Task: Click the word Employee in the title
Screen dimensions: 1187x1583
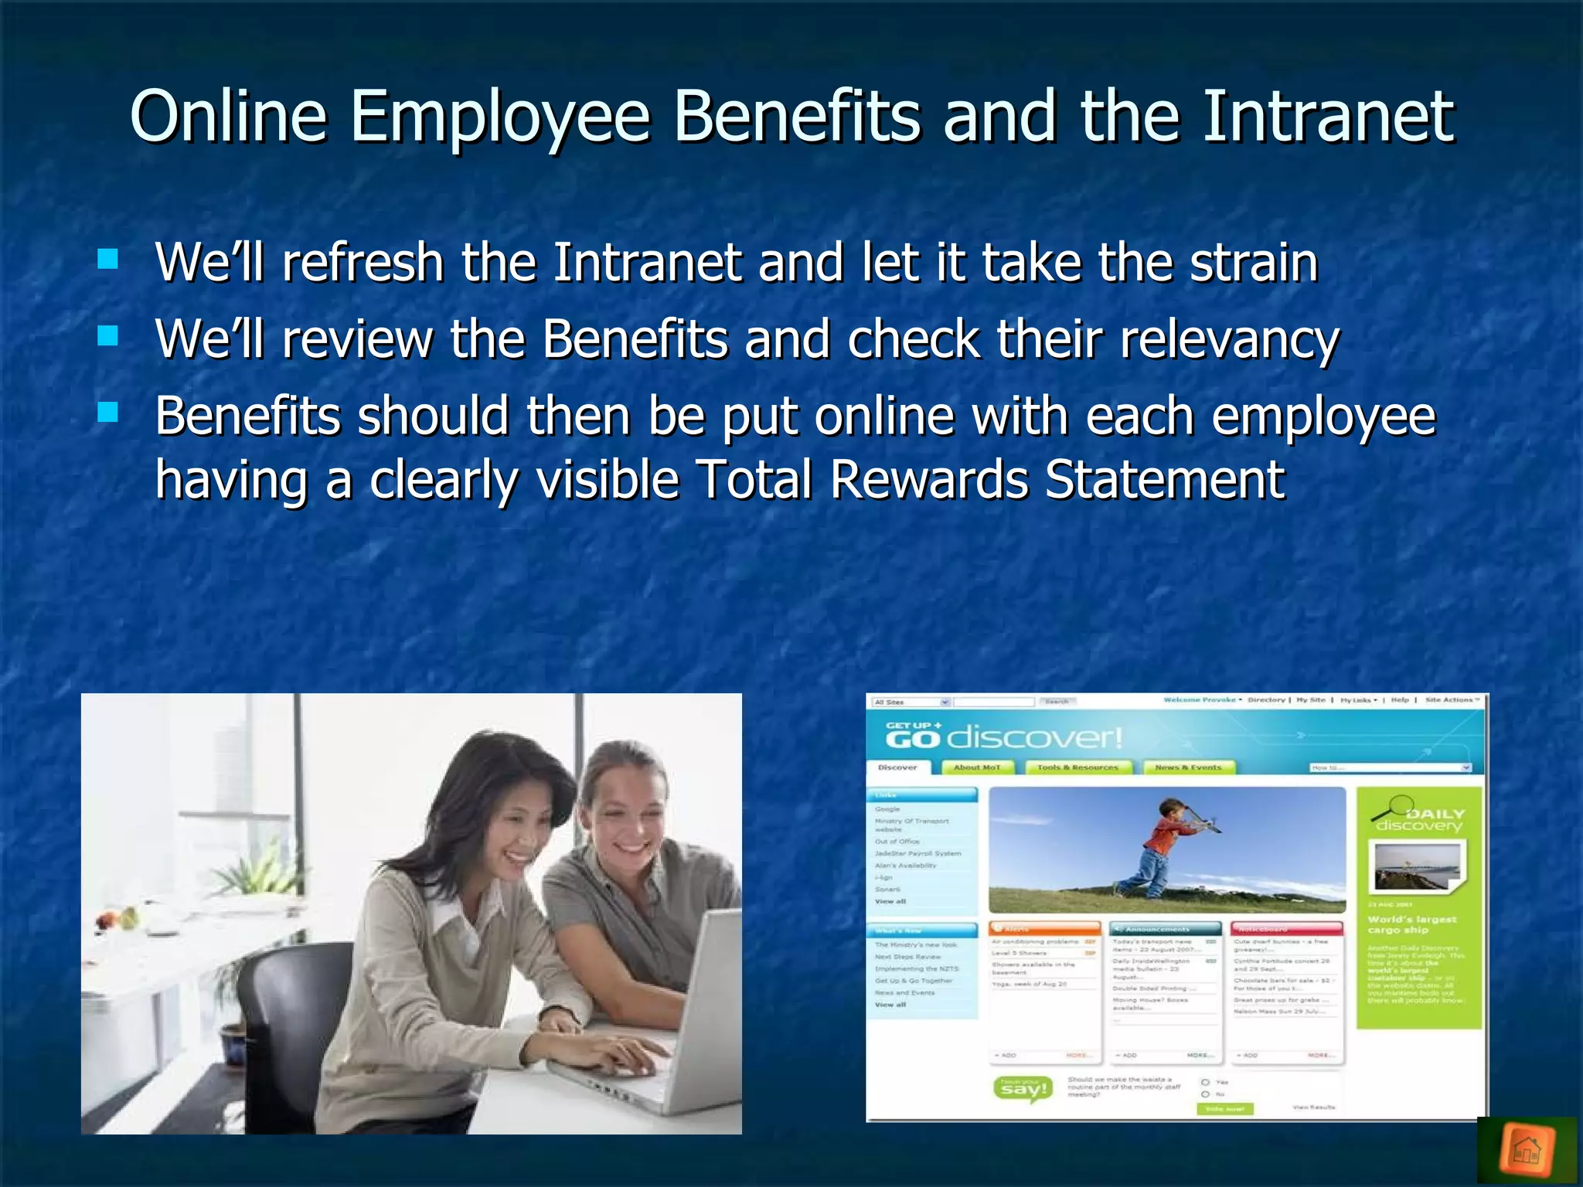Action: pos(501,117)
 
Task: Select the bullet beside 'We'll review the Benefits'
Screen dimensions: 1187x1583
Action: pos(108,335)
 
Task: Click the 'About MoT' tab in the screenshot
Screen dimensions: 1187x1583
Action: pos(976,767)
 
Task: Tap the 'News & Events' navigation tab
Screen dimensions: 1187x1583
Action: pos(1188,767)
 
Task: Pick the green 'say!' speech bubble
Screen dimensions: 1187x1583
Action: pos(1023,1090)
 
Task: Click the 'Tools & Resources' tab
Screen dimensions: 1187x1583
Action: pos(1077,767)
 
